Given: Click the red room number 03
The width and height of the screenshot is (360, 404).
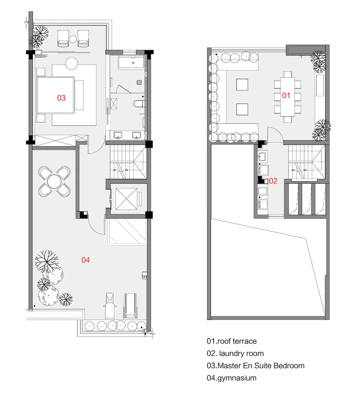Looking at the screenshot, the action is coord(61,98).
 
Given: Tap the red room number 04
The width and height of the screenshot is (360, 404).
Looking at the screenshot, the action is coord(85,260).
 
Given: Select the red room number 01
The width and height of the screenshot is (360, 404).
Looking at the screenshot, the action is coord(286,95).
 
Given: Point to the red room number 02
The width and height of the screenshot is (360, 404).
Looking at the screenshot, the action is coord(273,181).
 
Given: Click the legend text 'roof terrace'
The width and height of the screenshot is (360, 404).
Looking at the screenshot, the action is coord(237,341).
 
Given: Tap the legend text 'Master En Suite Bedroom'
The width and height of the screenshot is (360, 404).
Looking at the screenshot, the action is coord(261,365).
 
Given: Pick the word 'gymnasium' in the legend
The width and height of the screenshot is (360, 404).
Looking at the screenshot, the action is coord(237,378).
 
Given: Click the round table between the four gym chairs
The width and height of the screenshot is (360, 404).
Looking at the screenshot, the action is coord(54,181).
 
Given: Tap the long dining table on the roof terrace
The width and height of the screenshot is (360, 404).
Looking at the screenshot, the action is coord(287,96).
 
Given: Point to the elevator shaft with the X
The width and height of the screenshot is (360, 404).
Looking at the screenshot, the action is coord(126,199).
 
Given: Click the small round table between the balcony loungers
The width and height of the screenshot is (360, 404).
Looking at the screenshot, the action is coord(73,39).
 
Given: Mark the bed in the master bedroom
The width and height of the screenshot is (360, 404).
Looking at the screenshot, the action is coord(56,95).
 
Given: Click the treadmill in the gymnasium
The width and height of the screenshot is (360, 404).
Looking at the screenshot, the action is coord(131,306).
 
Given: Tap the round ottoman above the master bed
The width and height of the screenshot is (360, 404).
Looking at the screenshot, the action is coord(72,63).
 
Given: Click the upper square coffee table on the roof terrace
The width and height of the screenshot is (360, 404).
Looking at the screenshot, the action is coord(242,85).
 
